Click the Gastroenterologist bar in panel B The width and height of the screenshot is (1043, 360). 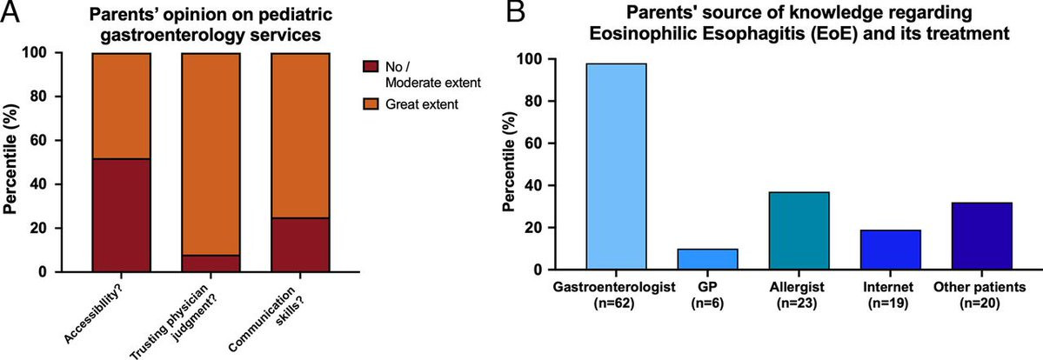617,166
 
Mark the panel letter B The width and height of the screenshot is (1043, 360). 517,12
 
